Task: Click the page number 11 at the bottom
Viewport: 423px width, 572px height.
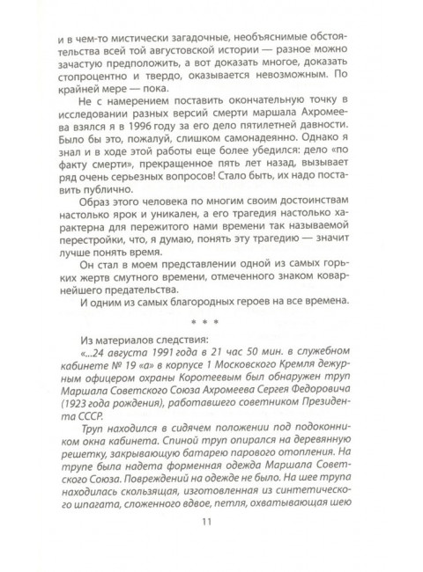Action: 211,552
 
